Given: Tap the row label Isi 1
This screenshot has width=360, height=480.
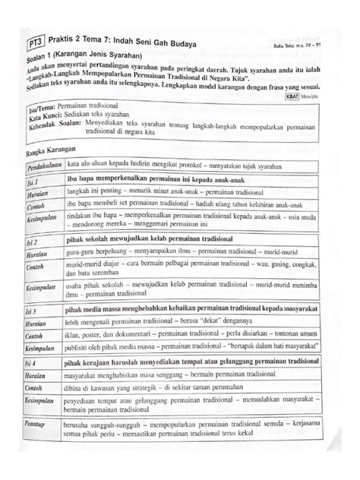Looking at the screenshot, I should point(31,183).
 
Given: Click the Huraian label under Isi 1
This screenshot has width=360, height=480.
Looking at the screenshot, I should point(36,195).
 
